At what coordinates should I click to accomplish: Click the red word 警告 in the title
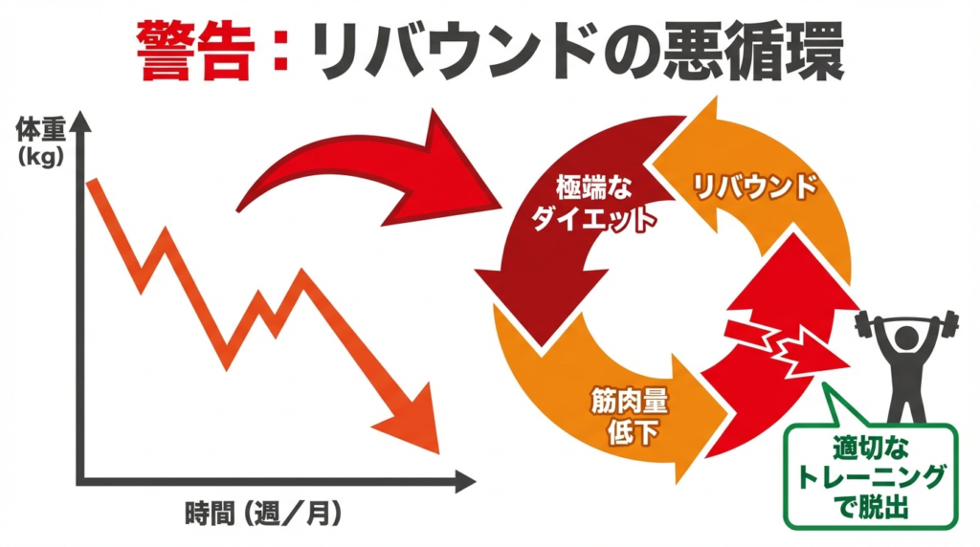196,49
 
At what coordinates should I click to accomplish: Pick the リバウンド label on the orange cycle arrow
755,185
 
